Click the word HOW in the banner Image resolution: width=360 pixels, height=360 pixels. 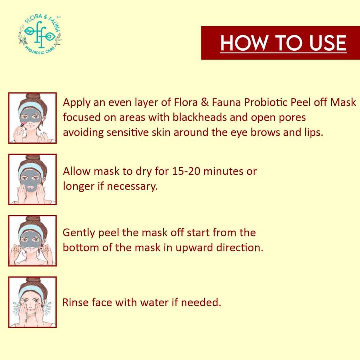tap(244, 43)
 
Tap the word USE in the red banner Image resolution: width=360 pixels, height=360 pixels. tap(328, 43)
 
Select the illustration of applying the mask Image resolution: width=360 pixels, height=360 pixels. tap(32, 118)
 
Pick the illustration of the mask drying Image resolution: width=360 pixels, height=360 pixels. tap(32, 179)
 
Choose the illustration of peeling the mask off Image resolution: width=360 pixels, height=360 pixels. tap(32, 241)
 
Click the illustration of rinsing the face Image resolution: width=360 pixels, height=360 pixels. tap(32, 302)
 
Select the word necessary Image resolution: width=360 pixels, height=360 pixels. tap(132, 186)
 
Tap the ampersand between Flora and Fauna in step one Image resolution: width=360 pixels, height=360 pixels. tap(205, 102)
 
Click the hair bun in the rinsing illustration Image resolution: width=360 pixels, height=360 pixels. tap(33, 280)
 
